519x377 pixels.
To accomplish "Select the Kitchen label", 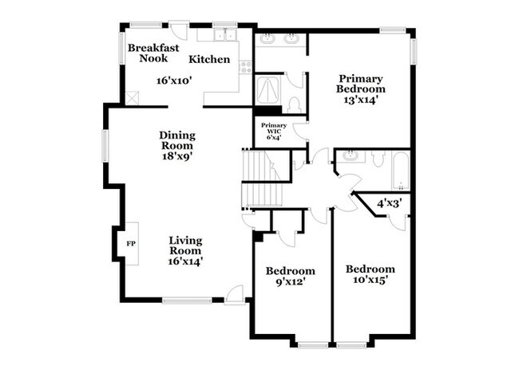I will [209, 59].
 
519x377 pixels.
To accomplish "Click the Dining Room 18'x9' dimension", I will [177, 157].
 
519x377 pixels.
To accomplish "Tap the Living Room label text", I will [185, 246].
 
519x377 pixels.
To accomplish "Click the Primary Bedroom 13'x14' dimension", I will [361, 100].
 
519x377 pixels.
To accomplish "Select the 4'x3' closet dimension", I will [389, 203].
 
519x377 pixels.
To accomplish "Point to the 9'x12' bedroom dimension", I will [290, 282].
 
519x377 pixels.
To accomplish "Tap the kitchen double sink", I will [222, 35].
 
